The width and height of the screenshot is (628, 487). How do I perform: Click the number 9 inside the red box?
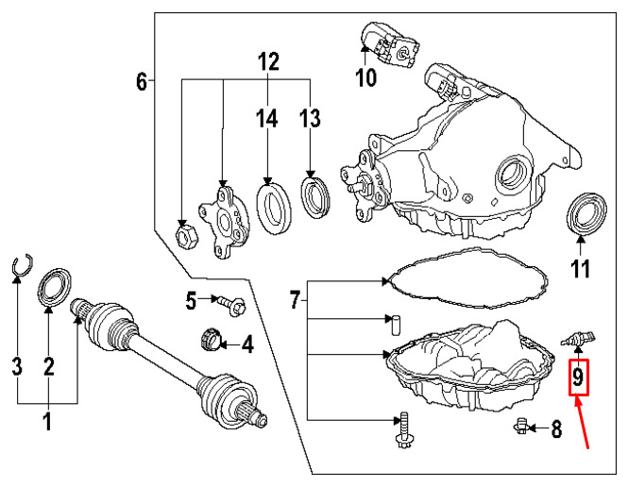tap(578, 378)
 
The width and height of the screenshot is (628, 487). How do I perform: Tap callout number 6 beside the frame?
tap(142, 81)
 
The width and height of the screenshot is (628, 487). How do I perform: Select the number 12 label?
tap(268, 61)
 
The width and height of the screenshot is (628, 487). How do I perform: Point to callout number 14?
tap(266, 119)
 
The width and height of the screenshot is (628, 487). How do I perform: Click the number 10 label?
tap(366, 76)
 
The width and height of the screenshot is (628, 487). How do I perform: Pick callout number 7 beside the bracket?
tap(296, 299)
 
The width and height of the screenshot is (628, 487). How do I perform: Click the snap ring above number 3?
tap(22, 265)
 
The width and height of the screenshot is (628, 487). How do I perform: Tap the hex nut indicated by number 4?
tap(211, 339)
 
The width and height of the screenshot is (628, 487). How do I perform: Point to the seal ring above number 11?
tap(586, 212)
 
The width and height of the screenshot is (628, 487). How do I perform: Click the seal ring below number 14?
tap(274, 208)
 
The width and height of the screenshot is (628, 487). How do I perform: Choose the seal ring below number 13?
tap(315, 197)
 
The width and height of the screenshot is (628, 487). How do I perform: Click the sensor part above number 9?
tap(578, 340)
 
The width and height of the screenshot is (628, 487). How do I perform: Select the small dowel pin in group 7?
tap(395, 326)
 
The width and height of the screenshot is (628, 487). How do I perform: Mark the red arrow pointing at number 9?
tap(582, 422)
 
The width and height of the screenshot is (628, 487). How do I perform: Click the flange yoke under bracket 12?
tap(225, 219)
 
